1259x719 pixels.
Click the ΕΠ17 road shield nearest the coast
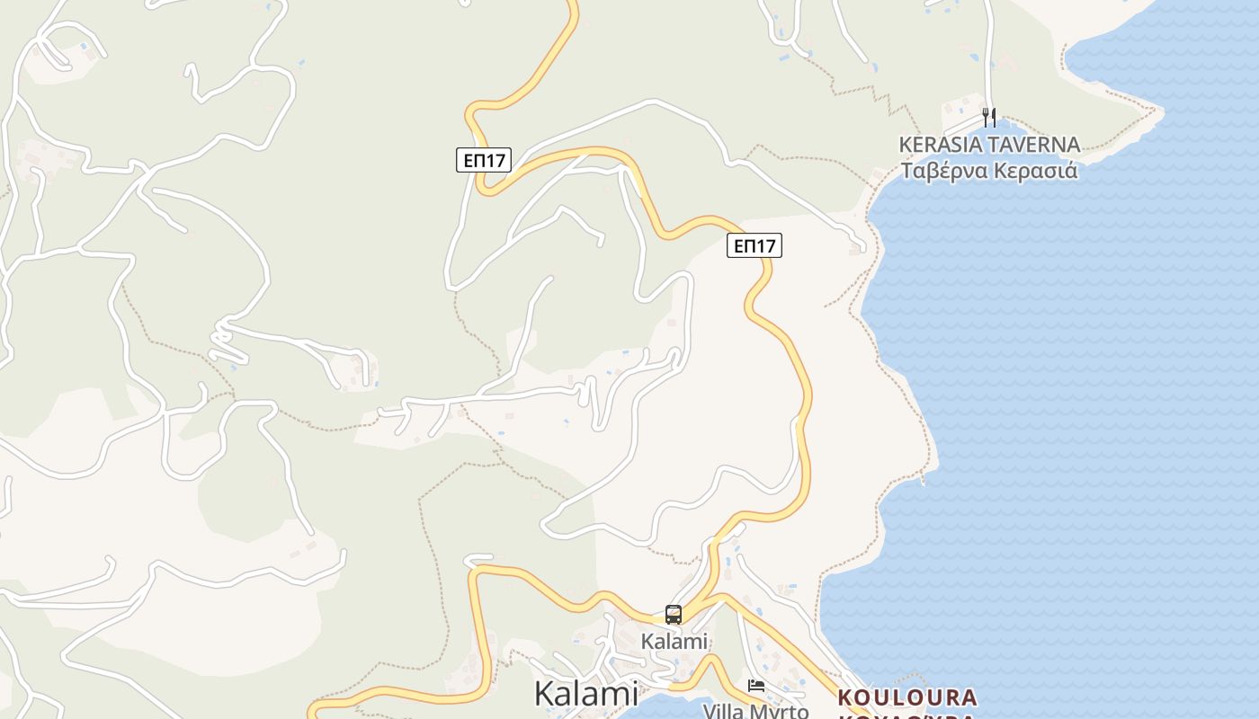tap(755, 245)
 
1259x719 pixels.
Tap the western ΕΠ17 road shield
tap(483, 160)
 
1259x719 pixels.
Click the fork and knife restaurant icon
tap(989, 117)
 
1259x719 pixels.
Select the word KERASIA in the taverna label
tap(937, 145)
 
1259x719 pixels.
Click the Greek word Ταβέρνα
tap(944, 171)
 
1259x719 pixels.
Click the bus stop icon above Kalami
tap(674, 615)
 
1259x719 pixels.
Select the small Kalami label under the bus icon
tap(674, 642)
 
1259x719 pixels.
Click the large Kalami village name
tap(585, 693)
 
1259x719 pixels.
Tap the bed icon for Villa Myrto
tap(756, 686)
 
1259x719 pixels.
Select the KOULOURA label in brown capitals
tap(906, 697)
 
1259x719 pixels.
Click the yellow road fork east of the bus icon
tap(720, 598)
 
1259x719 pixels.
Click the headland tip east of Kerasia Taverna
tap(1161, 113)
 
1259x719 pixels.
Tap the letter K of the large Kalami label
tap(545, 693)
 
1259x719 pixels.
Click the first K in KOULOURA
tap(845, 697)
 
